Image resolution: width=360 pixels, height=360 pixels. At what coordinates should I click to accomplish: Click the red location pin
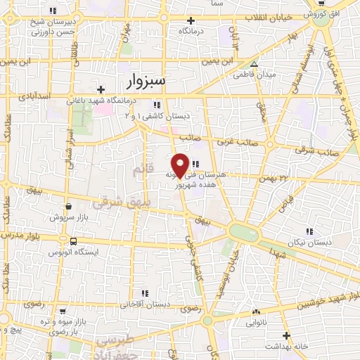[181, 165]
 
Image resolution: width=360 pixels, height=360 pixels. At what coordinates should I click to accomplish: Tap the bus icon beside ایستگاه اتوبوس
[74, 242]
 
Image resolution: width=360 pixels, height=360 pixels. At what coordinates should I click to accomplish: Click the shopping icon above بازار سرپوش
[68, 207]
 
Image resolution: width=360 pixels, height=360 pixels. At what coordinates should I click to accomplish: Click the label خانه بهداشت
[286, 347]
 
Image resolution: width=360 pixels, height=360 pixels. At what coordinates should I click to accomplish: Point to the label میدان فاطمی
[255, 74]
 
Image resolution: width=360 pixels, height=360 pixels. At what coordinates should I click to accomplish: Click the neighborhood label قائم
[140, 170]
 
